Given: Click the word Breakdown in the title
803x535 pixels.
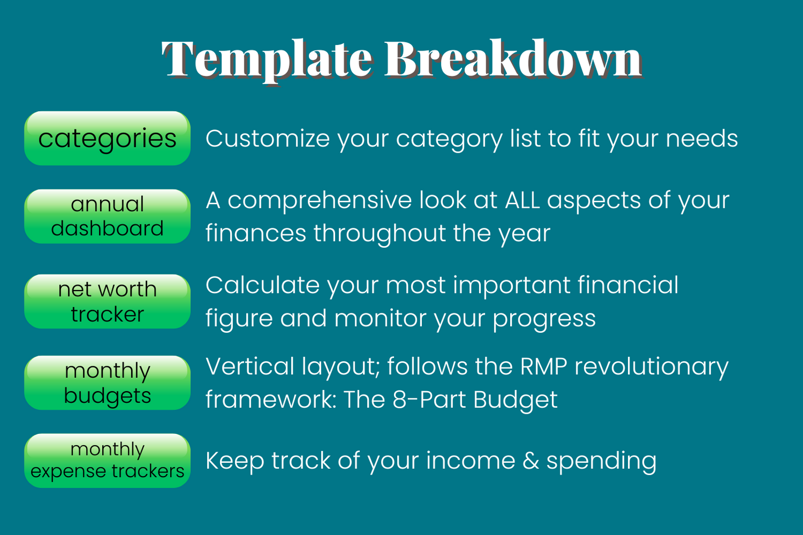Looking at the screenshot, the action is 514,58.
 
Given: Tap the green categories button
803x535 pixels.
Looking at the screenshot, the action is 107,138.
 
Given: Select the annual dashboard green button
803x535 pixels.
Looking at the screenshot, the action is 107,217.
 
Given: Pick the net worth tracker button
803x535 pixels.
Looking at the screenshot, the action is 107,301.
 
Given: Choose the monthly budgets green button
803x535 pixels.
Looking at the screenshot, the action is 107,383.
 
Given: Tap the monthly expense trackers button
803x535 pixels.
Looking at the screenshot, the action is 107,461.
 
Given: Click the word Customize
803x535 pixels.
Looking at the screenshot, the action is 268,138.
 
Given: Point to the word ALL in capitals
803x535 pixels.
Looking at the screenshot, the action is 522,201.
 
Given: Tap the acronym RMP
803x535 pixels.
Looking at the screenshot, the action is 543,367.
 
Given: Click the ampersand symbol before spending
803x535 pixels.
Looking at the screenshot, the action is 531,461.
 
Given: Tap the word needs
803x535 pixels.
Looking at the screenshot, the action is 702,138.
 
